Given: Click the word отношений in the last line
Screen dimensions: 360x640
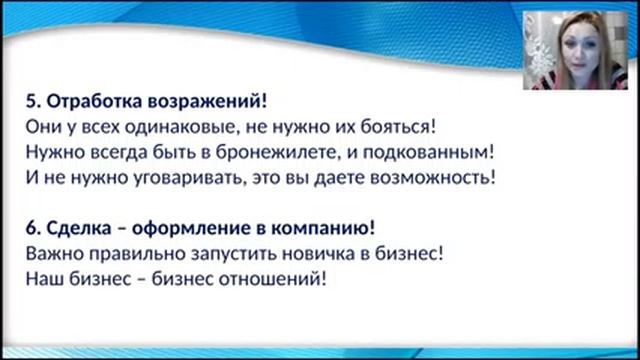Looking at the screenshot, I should coord(276,280).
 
